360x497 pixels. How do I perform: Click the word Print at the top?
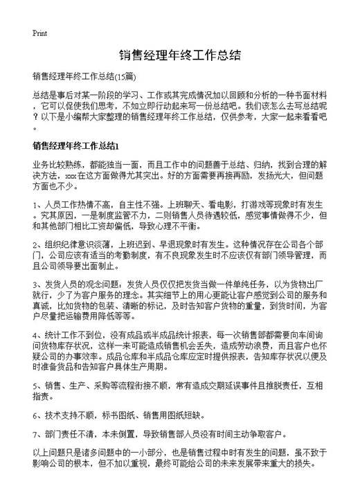(x=39, y=33)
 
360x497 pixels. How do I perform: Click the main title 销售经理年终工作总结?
(x=179, y=55)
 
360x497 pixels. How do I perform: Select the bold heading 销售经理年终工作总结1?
(x=77, y=146)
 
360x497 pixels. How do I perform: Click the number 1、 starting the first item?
(x=37, y=205)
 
